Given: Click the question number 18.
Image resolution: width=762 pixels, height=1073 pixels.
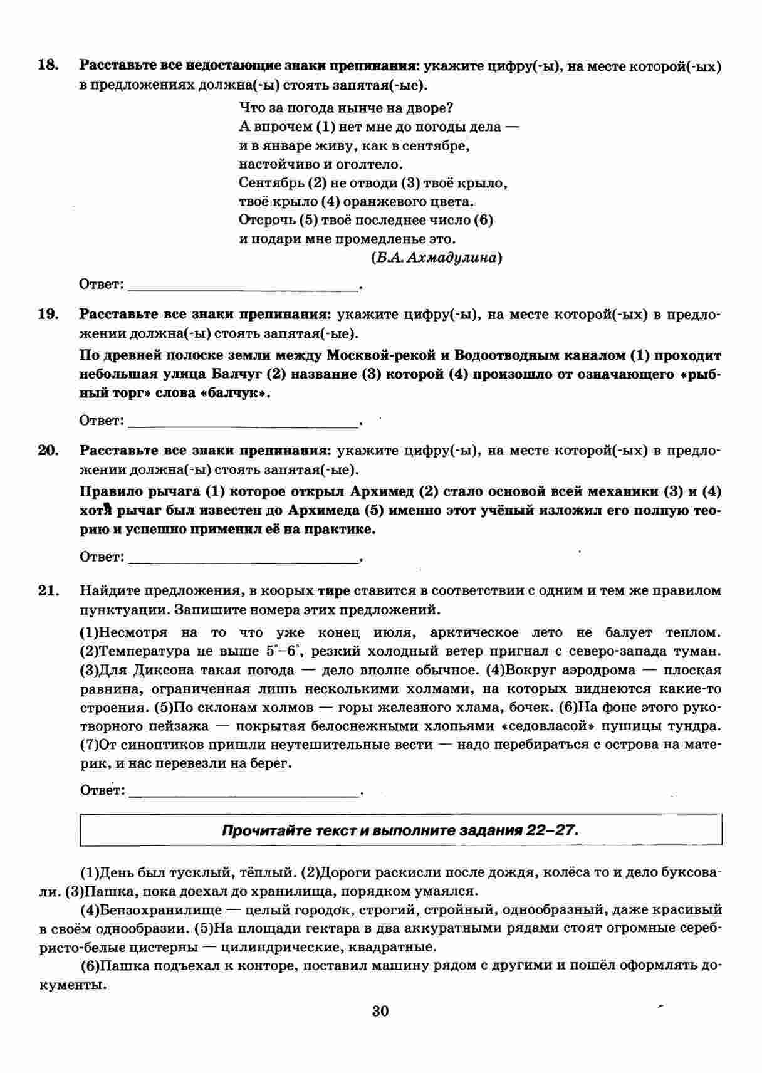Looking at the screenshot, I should (x=48, y=65).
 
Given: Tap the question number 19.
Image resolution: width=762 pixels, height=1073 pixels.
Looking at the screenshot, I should (x=48, y=314).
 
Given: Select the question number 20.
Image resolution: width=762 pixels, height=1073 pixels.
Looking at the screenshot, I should (x=48, y=450).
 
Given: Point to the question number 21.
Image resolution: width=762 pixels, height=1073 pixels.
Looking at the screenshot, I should (x=48, y=590).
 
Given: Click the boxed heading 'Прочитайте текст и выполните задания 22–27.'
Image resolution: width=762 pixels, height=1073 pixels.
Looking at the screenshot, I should (x=400, y=830).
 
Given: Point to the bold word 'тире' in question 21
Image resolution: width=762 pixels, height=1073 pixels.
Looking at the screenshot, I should (x=334, y=590).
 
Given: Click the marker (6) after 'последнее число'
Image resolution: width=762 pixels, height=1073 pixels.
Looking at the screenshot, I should (x=484, y=221).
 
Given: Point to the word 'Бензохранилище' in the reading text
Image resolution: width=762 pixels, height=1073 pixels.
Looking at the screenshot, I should (x=151, y=909).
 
